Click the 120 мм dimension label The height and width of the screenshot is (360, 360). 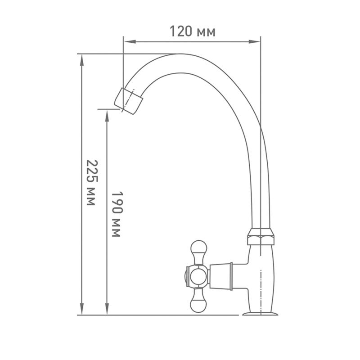pyautogui.click(x=193, y=31)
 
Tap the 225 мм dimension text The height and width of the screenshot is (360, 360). pyautogui.click(x=92, y=183)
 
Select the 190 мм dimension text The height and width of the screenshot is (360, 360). pyautogui.click(x=117, y=214)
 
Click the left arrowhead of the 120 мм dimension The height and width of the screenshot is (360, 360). pyautogui.click(x=129, y=42)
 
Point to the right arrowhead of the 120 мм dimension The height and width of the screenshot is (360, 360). pyautogui.click(x=255, y=42)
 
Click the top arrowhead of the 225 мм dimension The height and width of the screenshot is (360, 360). pyautogui.click(x=82, y=60)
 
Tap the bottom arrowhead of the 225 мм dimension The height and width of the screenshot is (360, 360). pyautogui.click(x=82, y=309)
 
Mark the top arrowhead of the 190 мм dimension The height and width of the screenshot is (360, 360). pyautogui.click(x=107, y=116)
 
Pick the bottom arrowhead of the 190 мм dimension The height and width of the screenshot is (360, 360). pyautogui.click(x=107, y=309)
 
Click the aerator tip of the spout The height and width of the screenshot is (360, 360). pyautogui.click(x=129, y=101)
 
